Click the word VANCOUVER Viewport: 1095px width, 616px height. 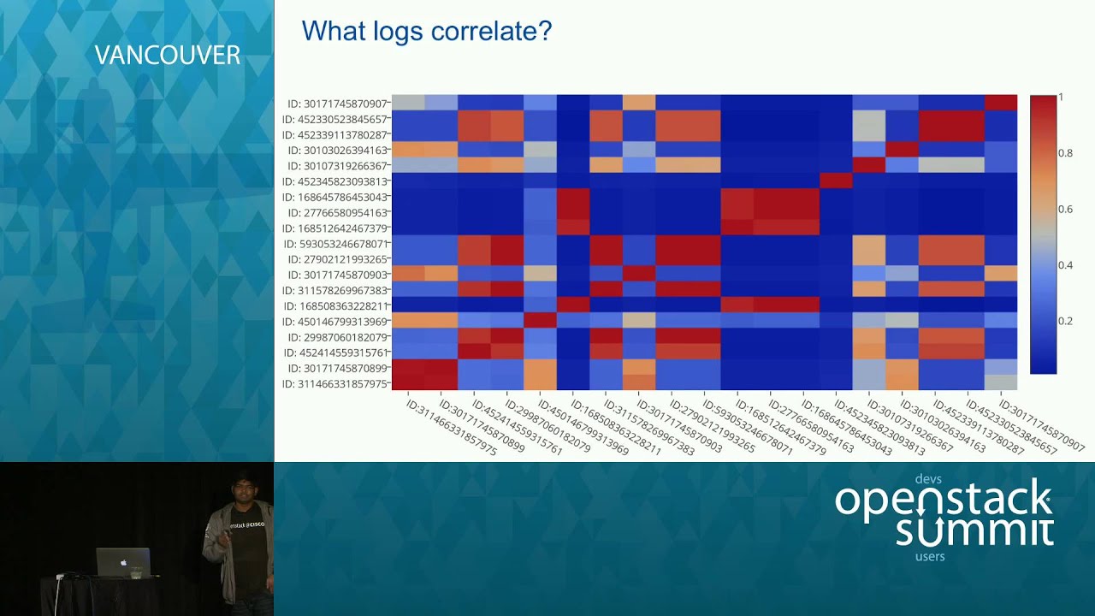click(167, 56)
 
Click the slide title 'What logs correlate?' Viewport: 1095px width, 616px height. click(426, 32)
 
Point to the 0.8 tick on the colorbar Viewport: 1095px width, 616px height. click(1064, 153)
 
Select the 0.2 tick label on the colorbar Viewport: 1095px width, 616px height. click(1064, 321)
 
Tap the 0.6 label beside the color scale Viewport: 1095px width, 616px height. click(1064, 209)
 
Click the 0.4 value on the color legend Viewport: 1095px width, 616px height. click(1064, 265)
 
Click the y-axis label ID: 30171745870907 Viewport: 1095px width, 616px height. click(334, 104)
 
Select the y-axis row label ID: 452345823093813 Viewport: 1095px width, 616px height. click(334, 181)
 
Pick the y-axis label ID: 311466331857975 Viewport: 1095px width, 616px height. click(334, 384)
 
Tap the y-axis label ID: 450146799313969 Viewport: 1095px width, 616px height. click(334, 322)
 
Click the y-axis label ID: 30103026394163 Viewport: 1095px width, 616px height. click(334, 151)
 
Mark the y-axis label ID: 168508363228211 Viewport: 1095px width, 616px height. click(334, 305)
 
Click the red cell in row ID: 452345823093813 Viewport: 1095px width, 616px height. click(835, 181)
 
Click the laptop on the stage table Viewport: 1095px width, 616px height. click(123, 562)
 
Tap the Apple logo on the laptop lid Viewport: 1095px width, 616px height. click(123, 563)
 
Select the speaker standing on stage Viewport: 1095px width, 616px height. click(236, 539)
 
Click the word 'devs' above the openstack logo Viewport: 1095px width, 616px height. click(927, 479)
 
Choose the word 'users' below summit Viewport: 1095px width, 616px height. click(929, 556)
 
